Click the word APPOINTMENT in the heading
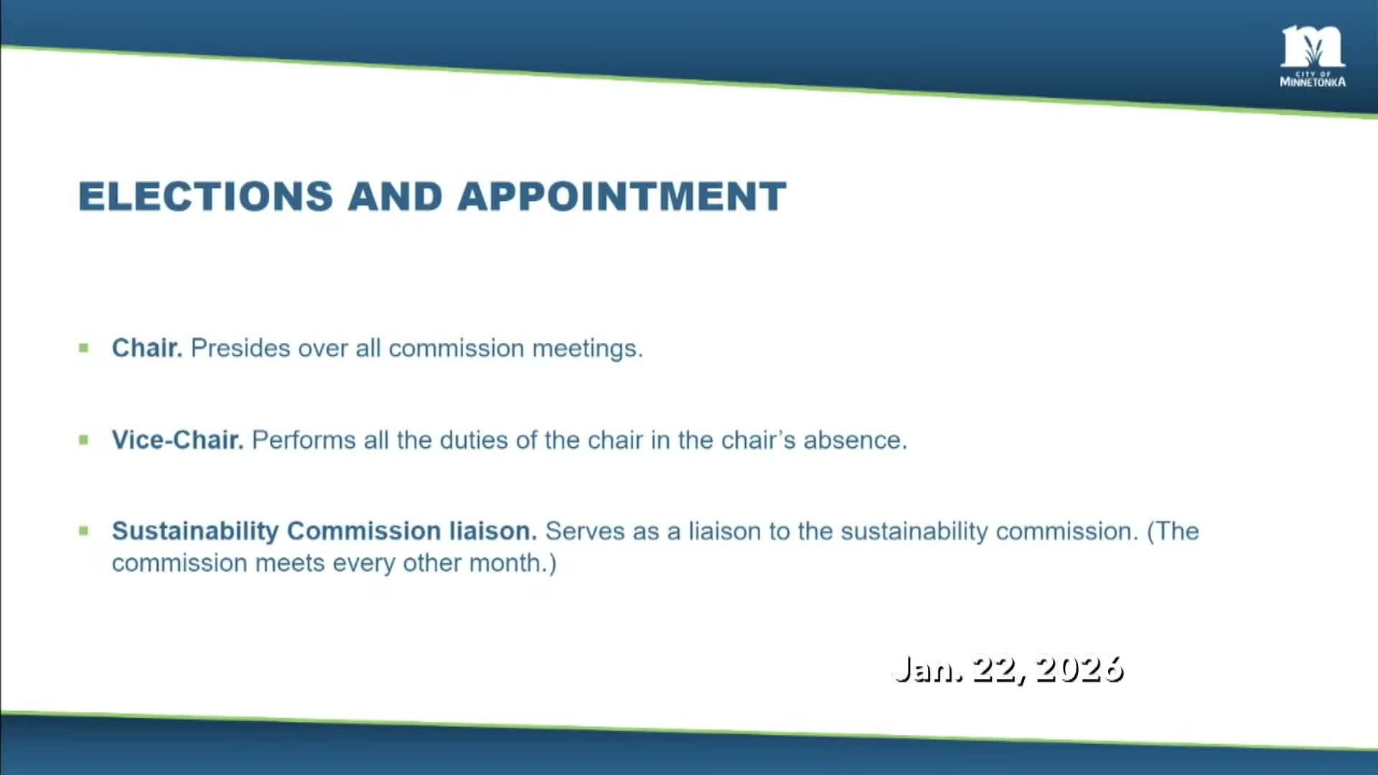(x=622, y=197)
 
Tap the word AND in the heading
(x=395, y=197)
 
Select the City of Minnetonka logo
(x=1313, y=57)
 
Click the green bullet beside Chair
(x=84, y=348)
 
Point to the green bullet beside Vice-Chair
(x=84, y=440)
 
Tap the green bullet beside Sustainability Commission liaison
(x=84, y=531)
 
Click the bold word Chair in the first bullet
(x=146, y=348)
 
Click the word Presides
(x=240, y=348)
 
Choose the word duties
(x=474, y=440)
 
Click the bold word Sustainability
(x=194, y=531)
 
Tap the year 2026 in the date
(x=1079, y=669)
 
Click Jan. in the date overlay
(x=927, y=669)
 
